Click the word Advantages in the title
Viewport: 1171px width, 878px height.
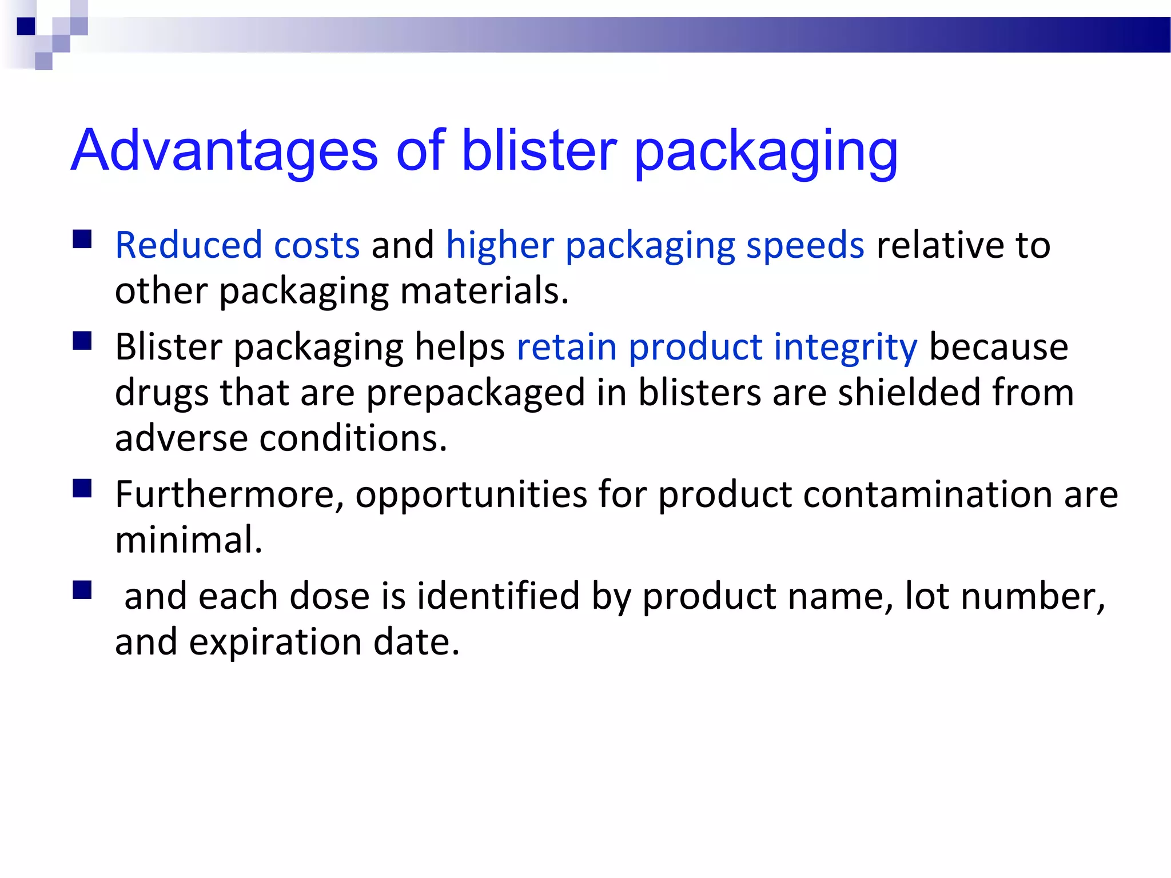click(224, 150)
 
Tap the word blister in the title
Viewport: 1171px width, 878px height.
click(539, 150)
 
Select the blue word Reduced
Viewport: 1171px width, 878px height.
click(188, 245)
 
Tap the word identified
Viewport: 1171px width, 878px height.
click(497, 596)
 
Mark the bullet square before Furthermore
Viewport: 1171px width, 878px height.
click(82, 488)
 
